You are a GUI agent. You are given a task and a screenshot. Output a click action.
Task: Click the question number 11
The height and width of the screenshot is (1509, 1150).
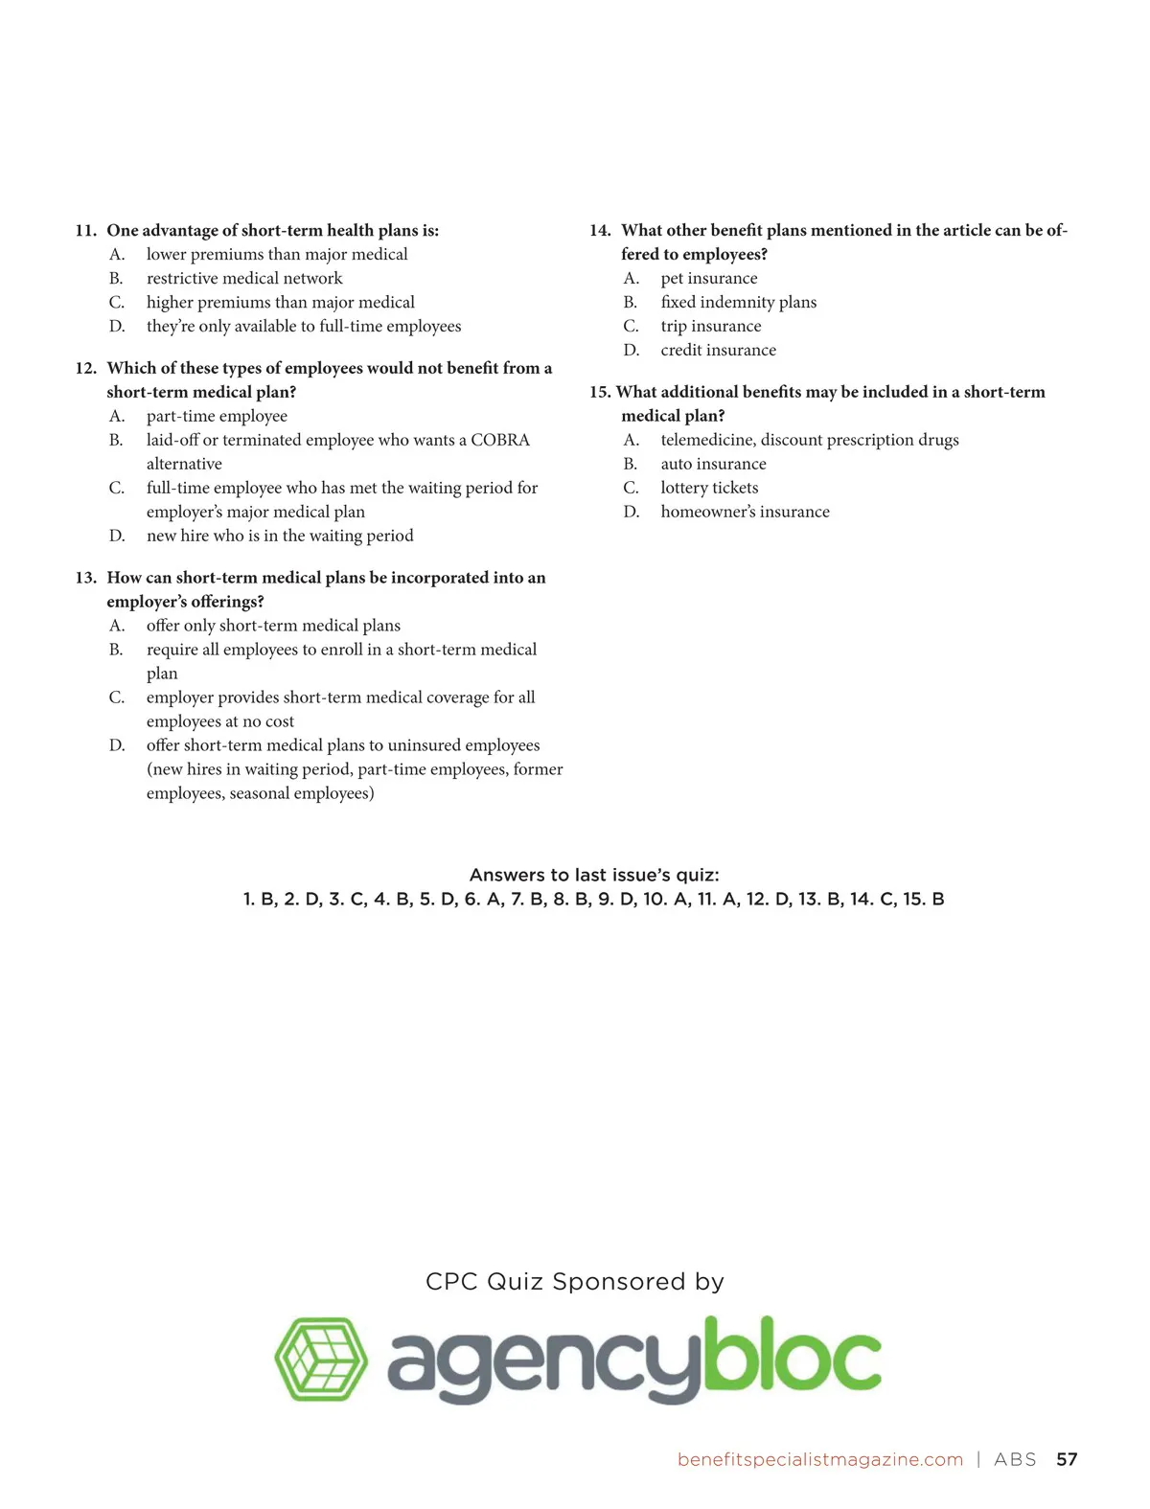pyautogui.click(x=86, y=231)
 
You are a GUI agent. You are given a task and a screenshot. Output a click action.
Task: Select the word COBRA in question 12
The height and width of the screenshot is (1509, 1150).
pyautogui.click(x=499, y=440)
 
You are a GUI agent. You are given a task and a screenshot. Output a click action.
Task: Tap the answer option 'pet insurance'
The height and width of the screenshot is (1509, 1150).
pyautogui.click(x=708, y=279)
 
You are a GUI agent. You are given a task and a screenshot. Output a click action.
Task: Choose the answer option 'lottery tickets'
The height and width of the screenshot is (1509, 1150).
pyautogui.click(x=709, y=488)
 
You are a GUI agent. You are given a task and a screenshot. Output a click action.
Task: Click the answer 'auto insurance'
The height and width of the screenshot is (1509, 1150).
pyautogui.click(x=713, y=464)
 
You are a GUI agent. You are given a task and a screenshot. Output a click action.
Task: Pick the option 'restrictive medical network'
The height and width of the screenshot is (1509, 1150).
pyautogui.click(x=244, y=279)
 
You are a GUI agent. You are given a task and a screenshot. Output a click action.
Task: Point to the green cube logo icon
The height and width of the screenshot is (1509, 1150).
pyautogui.click(x=321, y=1359)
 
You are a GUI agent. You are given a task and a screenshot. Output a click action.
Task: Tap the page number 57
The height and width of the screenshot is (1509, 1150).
pyautogui.click(x=1067, y=1459)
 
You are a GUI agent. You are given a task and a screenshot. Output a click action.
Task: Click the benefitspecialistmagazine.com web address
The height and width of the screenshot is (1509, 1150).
pyautogui.click(x=819, y=1459)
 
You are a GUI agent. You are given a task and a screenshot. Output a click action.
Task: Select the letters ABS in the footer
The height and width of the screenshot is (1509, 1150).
pyautogui.click(x=1015, y=1459)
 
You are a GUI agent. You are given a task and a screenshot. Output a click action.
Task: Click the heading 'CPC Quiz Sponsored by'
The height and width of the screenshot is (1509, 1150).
pyautogui.click(x=575, y=1282)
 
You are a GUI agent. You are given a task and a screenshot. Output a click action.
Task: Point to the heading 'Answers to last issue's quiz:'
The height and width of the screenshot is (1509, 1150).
pyautogui.click(x=594, y=875)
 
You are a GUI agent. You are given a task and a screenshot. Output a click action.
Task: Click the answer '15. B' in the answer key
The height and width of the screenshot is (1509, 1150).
pyautogui.click(x=924, y=900)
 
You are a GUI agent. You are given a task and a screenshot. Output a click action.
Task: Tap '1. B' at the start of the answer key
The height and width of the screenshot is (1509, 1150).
pyautogui.click(x=260, y=900)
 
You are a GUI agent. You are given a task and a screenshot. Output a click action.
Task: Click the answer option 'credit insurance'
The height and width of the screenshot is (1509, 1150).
pyautogui.click(x=718, y=351)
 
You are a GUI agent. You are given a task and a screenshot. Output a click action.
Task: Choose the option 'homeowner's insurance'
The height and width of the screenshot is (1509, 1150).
pyautogui.click(x=745, y=512)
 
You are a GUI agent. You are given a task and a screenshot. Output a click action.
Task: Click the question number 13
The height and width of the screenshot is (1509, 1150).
pyautogui.click(x=86, y=578)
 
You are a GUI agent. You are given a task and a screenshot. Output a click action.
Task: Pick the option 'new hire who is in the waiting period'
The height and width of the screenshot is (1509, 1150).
pyautogui.click(x=280, y=536)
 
